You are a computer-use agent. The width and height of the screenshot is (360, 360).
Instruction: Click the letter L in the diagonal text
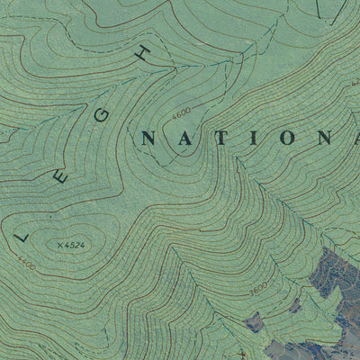point(24,238)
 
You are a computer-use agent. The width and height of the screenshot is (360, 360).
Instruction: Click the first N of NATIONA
point(148,138)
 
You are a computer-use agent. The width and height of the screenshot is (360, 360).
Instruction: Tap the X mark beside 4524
point(59,244)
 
